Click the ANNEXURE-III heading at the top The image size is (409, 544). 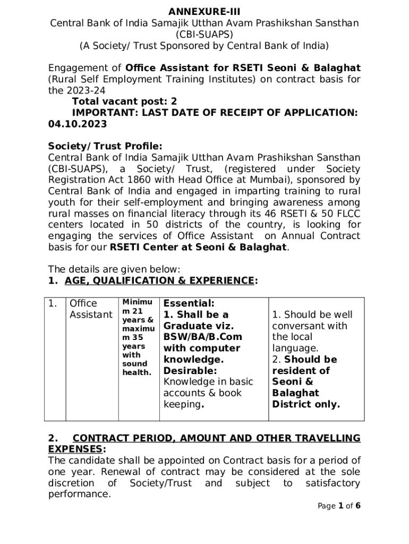pyautogui.click(x=204, y=12)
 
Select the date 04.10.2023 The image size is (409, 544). pyautogui.click(x=78, y=124)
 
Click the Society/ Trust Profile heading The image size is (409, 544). pyautogui.click(x=105, y=146)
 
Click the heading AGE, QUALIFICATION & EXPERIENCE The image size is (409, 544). pyautogui.click(x=159, y=280)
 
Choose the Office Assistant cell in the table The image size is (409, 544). pyautogui.click(x=90, y=309)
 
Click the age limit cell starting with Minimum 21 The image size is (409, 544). pyautogui.click(x=138, y=337)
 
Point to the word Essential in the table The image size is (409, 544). pyautogui.click(x=189, y=303)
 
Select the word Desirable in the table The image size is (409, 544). pyautogui.click(x=190, y=371)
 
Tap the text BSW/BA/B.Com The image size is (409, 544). pyautogui.click(x=202, y=337)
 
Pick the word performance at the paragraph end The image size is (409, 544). pyautogui.click(x=80, y=494)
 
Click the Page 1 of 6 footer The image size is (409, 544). pyautogui.click(x=339, y=506)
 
